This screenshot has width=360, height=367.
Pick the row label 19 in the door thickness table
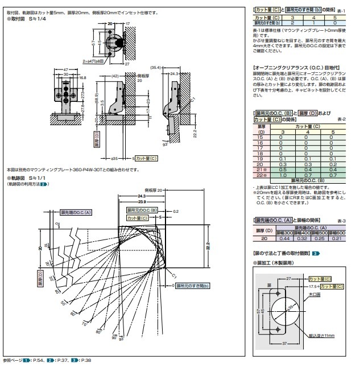click(x=260, y=158)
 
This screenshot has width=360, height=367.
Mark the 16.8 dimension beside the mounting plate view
click(x=82, y=78)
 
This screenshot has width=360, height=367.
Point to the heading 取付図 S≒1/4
click(x=26, y=19)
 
